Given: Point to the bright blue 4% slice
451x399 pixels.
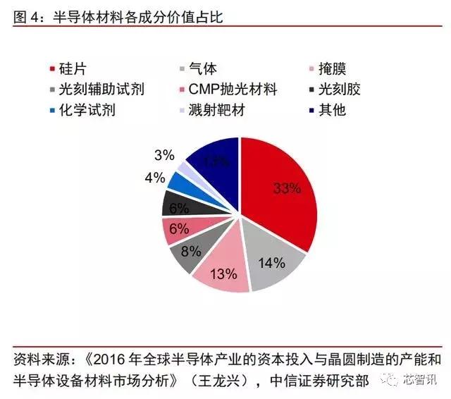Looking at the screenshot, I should pos(183,183).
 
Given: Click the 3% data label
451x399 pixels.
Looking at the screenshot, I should pos(163,154).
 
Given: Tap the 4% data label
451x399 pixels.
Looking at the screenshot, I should pos(154,178).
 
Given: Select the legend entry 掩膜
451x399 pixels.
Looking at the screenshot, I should pos(332,68).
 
